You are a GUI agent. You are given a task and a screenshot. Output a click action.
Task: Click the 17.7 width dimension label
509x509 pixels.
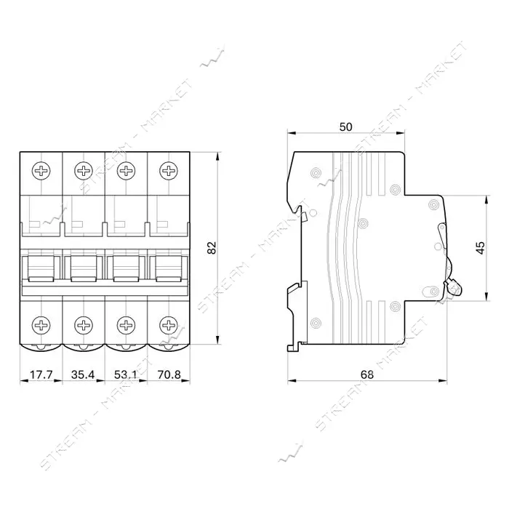pos(41,374)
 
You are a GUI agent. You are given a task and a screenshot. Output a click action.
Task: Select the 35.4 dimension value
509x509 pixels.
pos(83,374)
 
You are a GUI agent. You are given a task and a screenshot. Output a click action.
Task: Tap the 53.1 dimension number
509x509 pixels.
pos(126,374)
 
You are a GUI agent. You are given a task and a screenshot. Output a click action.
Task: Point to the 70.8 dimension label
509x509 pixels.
pos(169,374)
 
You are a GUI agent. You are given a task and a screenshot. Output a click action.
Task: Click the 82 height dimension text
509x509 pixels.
pos(212,248)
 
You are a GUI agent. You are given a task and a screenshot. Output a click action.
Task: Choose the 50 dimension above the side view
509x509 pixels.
pos(345,127)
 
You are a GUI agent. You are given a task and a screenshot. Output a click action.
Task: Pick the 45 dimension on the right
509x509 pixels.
pos(481,248)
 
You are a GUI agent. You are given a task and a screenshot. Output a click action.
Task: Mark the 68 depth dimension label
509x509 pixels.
pos(367,374)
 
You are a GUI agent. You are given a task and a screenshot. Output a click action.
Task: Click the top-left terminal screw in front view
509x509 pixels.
pos(41,170)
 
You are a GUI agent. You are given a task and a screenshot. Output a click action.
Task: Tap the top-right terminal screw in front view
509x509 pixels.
pos(169,170)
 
